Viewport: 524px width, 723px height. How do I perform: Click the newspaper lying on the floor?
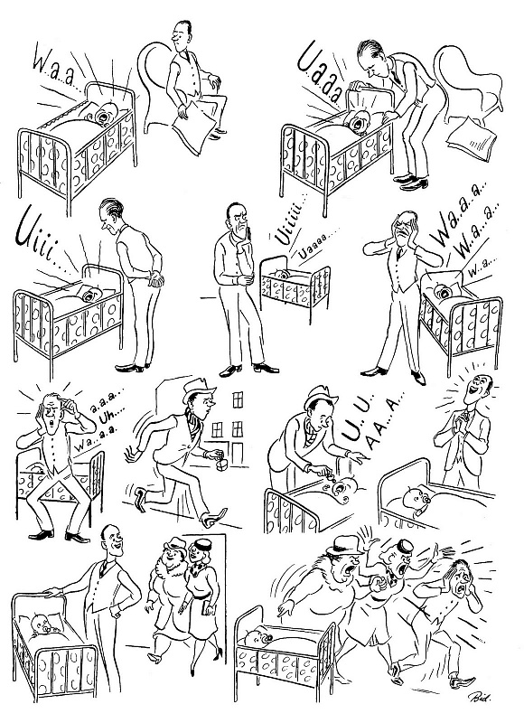(471, 137)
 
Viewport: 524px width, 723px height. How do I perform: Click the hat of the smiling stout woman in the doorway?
(174, 544)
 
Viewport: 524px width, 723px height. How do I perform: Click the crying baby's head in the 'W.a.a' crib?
(108, 114)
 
